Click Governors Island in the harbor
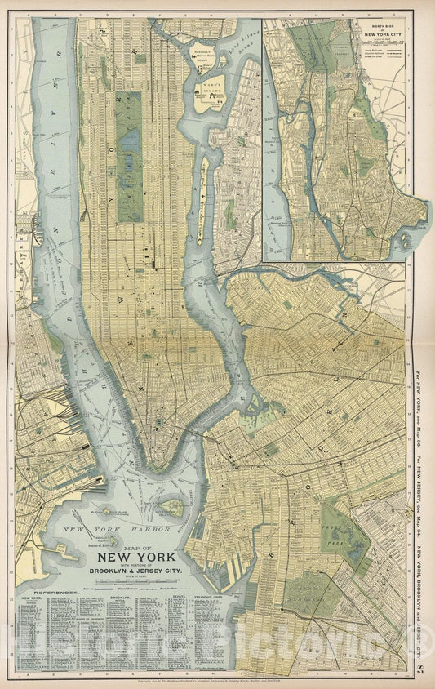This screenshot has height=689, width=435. [x=171, y=508]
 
